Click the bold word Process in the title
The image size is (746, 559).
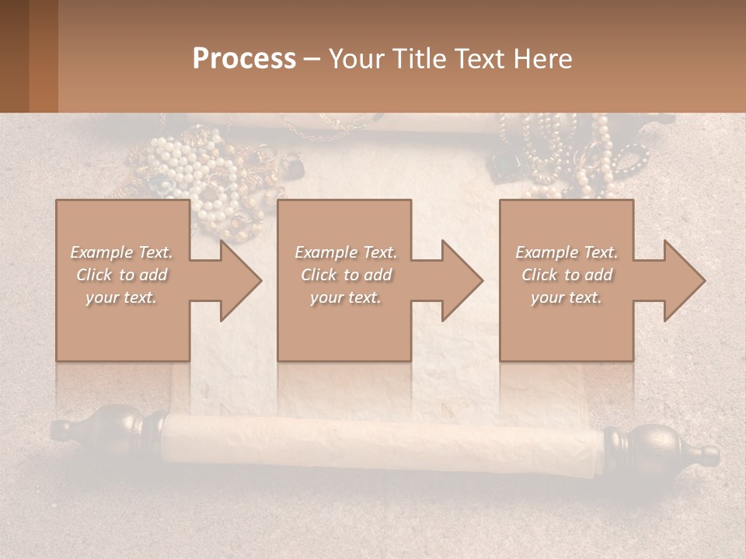tap(244, 59)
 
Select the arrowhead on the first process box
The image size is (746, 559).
tap(236, 280)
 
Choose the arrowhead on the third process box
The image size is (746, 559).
tap(680, 280)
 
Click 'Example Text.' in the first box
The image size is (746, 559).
tap(121, 252)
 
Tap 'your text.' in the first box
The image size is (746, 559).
tap(121, 297)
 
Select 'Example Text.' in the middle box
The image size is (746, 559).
tap(346, 252)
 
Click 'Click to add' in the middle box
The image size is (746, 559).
tap(346, 275)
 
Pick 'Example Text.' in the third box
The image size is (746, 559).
tap(566, 252)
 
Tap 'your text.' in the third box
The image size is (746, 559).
tap(566, 297)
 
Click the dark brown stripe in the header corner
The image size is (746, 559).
tap(14, 56)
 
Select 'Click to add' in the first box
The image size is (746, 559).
tap(121, 275)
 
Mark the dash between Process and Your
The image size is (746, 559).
tap(312, 59)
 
